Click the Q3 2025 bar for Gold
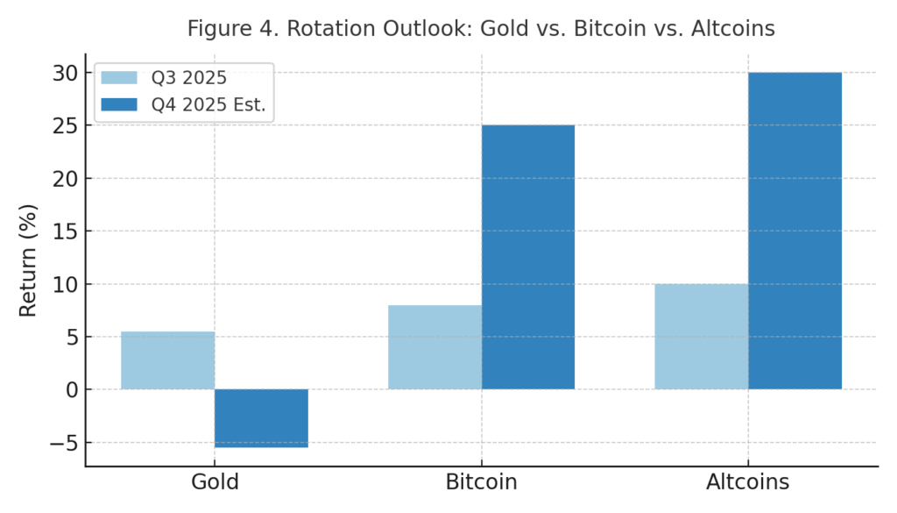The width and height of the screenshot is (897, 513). (167, 360)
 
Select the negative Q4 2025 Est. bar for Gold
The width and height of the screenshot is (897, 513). (261, 418)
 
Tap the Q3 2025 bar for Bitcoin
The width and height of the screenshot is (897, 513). (434, 347)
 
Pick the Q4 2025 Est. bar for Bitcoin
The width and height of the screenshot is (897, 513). (528, 257)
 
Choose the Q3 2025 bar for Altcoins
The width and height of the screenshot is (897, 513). (701, 337)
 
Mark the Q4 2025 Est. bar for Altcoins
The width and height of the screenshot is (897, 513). (795, 231)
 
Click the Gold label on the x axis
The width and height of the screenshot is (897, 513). (215, 482)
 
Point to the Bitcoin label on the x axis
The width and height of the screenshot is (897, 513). (481, 482)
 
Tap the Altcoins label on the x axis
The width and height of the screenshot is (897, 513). (748, 482)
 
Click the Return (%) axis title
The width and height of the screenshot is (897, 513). (28, 260)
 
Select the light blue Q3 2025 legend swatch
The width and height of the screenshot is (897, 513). (119, 77)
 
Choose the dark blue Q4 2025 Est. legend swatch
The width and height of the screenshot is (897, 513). (119, 105)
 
